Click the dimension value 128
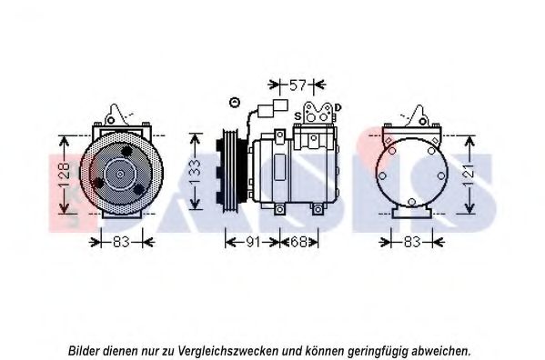pyautogui.click(x=65, y=175)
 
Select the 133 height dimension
pyautogui.click(x=195, y=172)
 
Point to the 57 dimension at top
pyautogui.click(x=298, y=85)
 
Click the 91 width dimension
pyautogui.click(x=253, y=242)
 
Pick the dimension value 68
pyautogui.click(x=298, y=242)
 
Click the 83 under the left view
pyautogui.click(x=121, y=242)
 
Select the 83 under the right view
pyautogui.click(x=412, y=242)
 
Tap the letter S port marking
pyautogui.click(x=298, y=116)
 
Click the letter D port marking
pyautogui.click(x=338, y=108)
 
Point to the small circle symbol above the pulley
pyautogui.click(x=235, y=103)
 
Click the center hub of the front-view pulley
pyautogui.click(x=120, y=175)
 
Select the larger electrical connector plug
pyautogui.click(x=280, y=105)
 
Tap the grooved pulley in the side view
pyautogui.click(x=230, y=169)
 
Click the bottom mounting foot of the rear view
pyautogui.click(x=409, y=211)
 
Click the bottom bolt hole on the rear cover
pyautogui.click(x=411, y=202)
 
